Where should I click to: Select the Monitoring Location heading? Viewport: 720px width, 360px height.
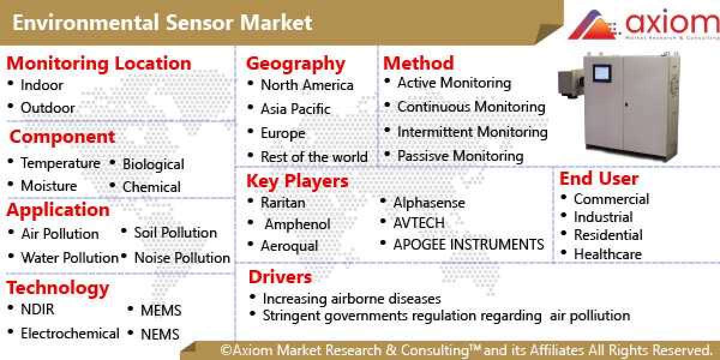point(98,63)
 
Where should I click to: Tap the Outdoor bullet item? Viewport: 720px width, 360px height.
point(47,108)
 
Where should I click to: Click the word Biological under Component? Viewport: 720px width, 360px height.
point(153,164)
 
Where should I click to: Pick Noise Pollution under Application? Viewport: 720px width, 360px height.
point(182,258)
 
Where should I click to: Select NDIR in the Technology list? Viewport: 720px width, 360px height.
point(37,310)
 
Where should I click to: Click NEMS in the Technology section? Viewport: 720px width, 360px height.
point(160,334)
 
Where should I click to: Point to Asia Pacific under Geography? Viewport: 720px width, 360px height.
point(295,109)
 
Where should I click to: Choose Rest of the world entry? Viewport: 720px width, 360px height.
point(314,157)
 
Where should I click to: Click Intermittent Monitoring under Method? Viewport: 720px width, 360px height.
point(472,131)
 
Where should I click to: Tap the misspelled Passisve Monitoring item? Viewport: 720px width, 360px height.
point(460,156)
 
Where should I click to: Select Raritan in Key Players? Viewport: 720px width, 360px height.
point(283,203)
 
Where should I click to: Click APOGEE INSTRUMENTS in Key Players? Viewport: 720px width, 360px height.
point(468,245)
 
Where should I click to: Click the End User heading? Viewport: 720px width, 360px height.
point(599,178)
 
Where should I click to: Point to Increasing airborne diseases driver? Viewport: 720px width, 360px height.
point(352,298)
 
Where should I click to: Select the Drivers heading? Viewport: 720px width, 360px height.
point(280,277)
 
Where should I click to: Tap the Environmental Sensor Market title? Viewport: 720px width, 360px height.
point(162,23)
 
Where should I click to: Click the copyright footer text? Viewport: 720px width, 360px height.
point(465,350)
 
